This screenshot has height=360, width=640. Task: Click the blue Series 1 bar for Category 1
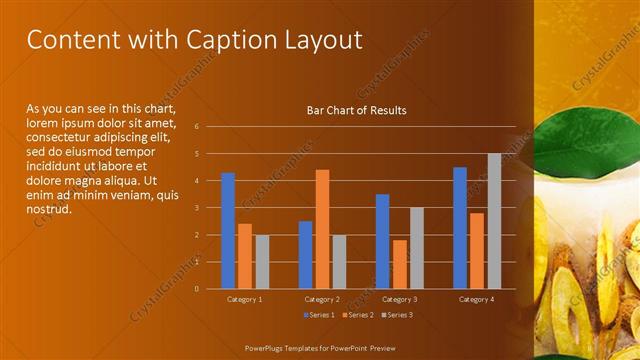click(228, 231)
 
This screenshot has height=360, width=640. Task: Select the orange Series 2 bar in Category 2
click(322, 229)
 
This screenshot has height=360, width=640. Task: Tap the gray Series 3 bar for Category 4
click(494, 221)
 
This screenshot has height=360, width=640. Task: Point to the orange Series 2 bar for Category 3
click(400, 264)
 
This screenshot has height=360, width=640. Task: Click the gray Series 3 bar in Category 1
click(262, 262)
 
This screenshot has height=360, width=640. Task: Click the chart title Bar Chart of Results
click(356, 110)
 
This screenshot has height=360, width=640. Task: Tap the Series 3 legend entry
click(395, 315)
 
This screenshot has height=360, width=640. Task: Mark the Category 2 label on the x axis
click(322, 299)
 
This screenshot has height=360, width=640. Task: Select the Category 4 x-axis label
click(477, 299)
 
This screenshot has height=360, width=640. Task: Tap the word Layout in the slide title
click(322, 40)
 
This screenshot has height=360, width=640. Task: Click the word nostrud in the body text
click(49, 209)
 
